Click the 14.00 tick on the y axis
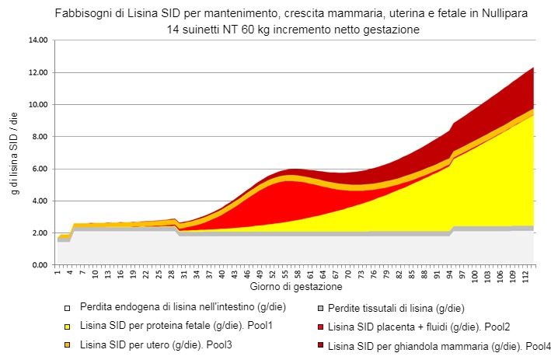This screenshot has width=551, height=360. pyautogui.click(x=37, y=40)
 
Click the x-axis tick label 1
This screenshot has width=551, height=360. pyautogui.click(x=58, y=273)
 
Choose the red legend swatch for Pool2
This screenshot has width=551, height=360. pyautogui.click(x=318, y=325)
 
